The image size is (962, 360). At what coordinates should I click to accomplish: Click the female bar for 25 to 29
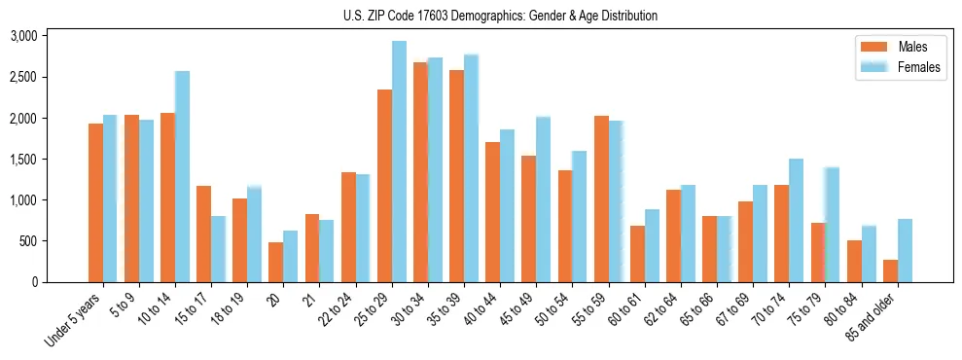click(399, 162)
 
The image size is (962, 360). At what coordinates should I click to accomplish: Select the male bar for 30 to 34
click(420, 172)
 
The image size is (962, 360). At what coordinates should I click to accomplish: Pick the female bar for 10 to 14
click(182, 176)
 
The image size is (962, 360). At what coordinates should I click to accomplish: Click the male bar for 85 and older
click(890, 270)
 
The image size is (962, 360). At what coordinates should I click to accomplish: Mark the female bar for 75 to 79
click(833, 225)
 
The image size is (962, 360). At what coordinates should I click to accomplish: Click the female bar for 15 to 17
click(218, 249)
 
